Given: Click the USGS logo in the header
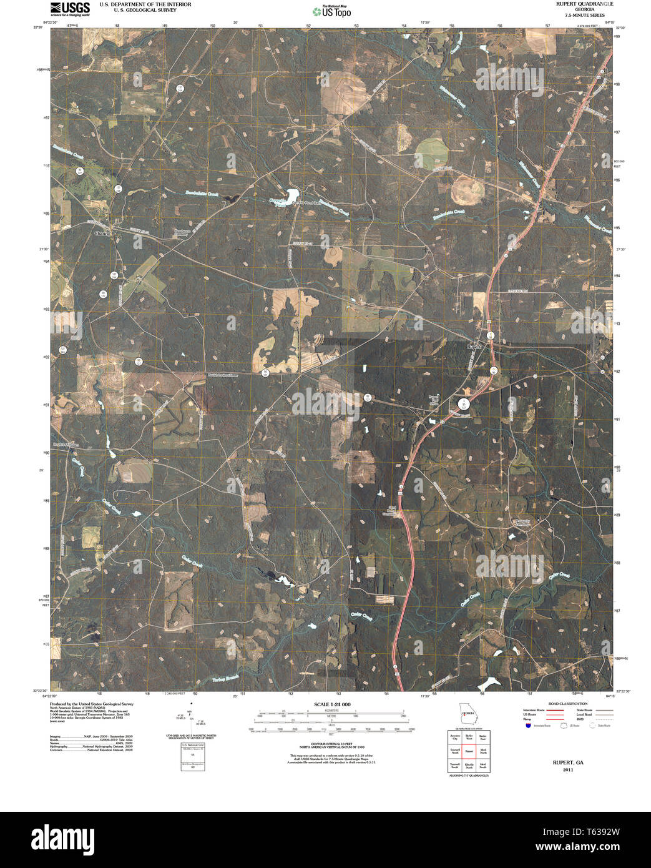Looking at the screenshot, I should (69, 8).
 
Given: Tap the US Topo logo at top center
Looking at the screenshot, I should (332, 11).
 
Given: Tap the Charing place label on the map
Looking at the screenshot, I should (102, 233).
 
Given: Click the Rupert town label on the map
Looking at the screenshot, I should (474, 345).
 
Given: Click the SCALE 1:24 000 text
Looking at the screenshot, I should (332, 704).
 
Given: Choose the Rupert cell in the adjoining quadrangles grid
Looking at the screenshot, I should (469, 751).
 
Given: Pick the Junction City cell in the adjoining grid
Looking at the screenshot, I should (455, 737).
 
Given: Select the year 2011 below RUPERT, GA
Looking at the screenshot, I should (567, 770).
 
